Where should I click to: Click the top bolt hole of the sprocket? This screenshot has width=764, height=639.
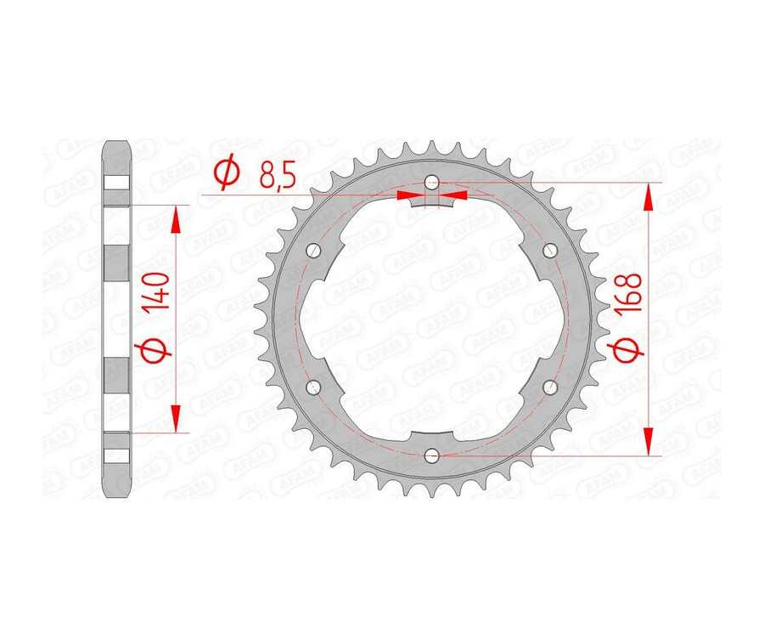click(432, 182)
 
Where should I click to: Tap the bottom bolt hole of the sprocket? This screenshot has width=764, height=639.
click(432, 456)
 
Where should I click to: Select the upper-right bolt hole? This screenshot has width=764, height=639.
click(549, 250)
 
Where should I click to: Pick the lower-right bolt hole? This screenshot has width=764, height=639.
click(549, 387)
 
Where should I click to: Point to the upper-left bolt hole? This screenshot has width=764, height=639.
click(314, 250)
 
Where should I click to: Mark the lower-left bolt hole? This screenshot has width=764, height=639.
click(314, 387)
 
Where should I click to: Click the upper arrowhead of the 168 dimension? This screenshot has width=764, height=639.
click(649, 196)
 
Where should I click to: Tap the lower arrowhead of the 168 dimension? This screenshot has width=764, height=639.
click(649, 442)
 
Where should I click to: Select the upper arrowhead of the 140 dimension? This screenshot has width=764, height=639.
click(177, 218)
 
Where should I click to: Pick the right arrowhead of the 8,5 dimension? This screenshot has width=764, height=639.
click(454, 195)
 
